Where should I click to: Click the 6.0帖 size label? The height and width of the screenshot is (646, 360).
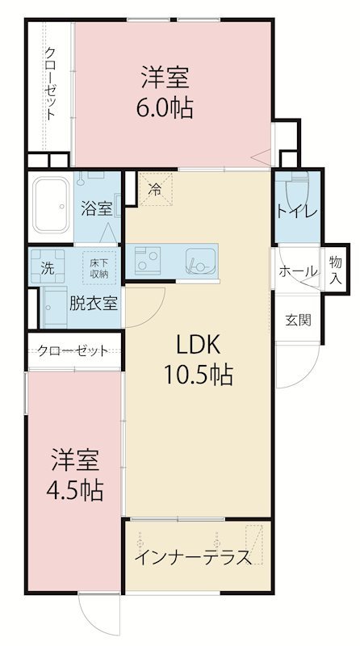tap(165, 108)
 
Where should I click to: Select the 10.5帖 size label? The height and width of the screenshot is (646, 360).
tap(199, 374)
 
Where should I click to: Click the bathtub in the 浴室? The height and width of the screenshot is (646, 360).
tap(51, 205)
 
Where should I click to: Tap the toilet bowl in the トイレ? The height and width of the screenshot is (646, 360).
tap(298, 191)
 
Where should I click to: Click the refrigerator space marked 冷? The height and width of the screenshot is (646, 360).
tap(155, 190)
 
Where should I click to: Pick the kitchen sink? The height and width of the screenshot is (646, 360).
tap(201, 261)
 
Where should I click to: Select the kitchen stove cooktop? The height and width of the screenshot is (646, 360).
tap(148, 261)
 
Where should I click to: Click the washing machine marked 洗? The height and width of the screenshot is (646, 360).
tap(48, 266)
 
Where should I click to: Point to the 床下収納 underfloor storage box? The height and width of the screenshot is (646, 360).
tap(98, 268)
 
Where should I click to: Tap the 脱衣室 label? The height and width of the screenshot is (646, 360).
tap(93, 304)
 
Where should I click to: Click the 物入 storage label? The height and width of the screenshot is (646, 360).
tap(336, 270)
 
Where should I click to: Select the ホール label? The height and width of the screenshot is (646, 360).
tap(298, 271)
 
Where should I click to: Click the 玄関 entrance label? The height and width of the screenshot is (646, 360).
tap(298, 320)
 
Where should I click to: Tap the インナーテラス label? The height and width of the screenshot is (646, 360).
tap(193, 557)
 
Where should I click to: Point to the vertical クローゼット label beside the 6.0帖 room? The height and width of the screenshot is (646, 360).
tap(50, 84)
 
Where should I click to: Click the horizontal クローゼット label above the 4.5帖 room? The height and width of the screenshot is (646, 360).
tap(73, 350)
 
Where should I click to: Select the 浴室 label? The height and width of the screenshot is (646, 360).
tap(97, 208)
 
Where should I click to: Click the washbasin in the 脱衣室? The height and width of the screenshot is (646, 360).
tap(55, 308)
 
